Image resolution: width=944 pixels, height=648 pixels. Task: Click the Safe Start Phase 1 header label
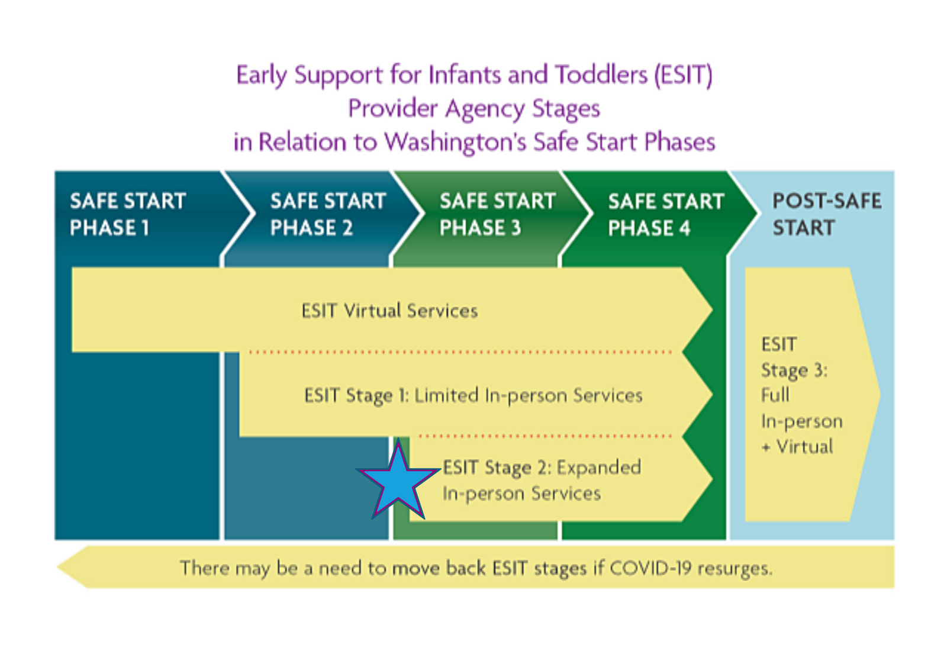[128, 214]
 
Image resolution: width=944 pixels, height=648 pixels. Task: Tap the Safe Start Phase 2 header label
[328, 214]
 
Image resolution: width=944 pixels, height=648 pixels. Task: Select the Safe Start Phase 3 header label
[498, 214]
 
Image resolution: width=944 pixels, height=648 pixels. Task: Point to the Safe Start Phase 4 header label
[666, 214]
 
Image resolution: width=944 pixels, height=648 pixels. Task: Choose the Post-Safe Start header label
[827, 214]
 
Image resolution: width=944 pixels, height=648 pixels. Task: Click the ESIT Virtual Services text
[390, 311]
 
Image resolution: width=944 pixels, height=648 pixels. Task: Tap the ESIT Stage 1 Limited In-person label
[473, 396]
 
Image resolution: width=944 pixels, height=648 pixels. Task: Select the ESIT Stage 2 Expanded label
[542, 481]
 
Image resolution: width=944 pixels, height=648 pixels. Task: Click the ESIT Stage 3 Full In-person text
[802, 395]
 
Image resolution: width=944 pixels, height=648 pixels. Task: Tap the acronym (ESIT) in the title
[684, 75]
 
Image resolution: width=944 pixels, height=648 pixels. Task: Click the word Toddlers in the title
[601, 74]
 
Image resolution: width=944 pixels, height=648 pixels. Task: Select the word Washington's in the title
[456, 141]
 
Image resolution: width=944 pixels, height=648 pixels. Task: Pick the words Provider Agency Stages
[474, 109]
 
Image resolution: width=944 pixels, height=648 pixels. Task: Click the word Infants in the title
[465, 74]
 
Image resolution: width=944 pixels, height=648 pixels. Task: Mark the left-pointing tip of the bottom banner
[57, 567]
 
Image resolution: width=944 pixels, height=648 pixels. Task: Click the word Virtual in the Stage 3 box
[805, 447]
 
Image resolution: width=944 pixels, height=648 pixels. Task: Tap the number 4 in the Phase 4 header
[685, 228]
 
